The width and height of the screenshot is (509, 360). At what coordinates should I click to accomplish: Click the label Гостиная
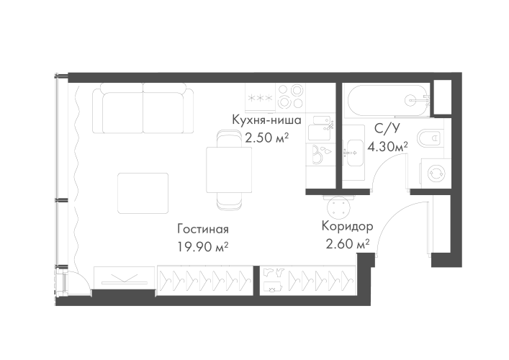(202, 230)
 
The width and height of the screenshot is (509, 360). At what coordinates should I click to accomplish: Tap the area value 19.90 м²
(202, 246)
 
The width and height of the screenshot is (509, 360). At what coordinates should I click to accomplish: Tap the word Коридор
(348, 226)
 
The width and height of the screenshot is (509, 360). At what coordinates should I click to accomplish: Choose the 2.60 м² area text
(348, 243)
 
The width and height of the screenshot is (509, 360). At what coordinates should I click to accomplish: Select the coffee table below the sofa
(143, 192)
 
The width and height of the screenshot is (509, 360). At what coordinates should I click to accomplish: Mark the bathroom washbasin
(353, 152)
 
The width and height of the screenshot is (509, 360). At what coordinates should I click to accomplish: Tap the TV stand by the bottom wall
(124, 278)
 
